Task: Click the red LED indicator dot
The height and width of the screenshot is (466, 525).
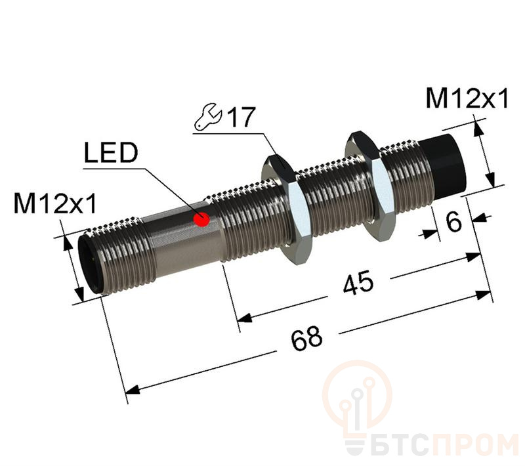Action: pos(203,220)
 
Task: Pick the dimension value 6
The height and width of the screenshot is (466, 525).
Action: pos(453,222)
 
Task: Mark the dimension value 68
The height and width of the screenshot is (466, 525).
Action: pos(306,337)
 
